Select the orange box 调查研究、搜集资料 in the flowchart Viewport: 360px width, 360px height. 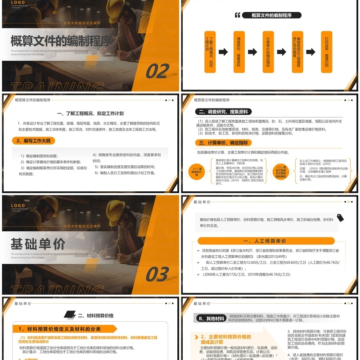(x=239, y=52)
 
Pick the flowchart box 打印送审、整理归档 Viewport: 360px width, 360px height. (x=327, y=52)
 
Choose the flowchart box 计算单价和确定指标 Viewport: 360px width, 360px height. (x=268, y=52)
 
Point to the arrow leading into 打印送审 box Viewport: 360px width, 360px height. (x=311, y=52)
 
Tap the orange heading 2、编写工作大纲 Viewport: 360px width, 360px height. (x=34, y=141)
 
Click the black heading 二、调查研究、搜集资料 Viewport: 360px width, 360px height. (x=223, y=112)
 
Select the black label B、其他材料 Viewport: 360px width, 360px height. (x=211, y=319)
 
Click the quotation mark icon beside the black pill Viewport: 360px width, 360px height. (x=238, y=15)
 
